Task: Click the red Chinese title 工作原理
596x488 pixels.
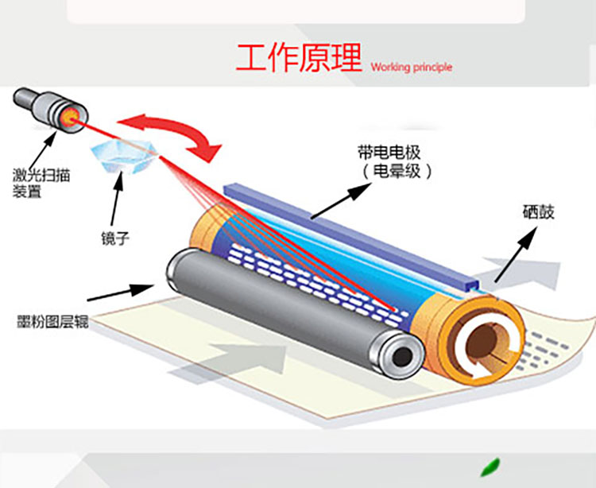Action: coord(299,58)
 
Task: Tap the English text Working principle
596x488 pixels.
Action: coord(412,68)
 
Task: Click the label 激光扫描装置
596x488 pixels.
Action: coord(41,183)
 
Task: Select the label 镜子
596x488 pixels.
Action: coord(115,238)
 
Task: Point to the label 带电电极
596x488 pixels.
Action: coord(389,153)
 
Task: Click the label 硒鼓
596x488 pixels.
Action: coord(539,212)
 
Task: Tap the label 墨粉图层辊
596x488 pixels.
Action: coord(52,322)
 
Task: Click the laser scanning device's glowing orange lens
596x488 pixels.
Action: coord(70,118)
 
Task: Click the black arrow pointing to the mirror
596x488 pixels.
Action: coord(117,198)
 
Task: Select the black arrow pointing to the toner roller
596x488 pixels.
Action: coord(121,292)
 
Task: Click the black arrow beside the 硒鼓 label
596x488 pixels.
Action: coord(517,254)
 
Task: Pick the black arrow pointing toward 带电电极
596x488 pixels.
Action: coord(341,201)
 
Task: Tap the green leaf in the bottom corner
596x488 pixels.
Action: coord(490,467)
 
